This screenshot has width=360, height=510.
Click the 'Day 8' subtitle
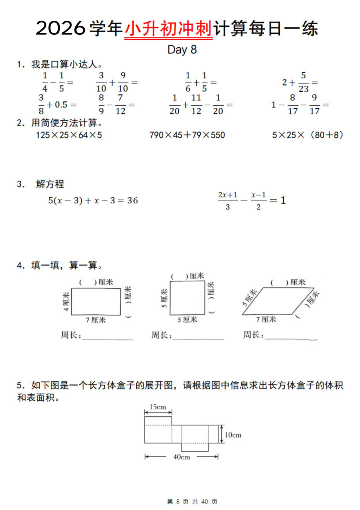182,50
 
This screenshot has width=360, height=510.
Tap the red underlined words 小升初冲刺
168,28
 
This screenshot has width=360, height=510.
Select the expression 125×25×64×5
69,135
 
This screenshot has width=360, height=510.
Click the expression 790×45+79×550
187,135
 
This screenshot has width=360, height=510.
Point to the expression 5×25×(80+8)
308,135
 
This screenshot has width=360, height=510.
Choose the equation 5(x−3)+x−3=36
93,201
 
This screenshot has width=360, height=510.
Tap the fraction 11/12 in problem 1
196,105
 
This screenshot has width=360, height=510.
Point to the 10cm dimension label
233,435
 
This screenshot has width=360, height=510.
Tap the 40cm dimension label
181,457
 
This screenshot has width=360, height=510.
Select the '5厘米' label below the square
187,319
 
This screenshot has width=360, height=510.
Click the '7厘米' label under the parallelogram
266,319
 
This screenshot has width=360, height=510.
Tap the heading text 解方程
50,184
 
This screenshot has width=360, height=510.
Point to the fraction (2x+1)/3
227,200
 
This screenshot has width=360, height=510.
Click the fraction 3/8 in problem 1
41,105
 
